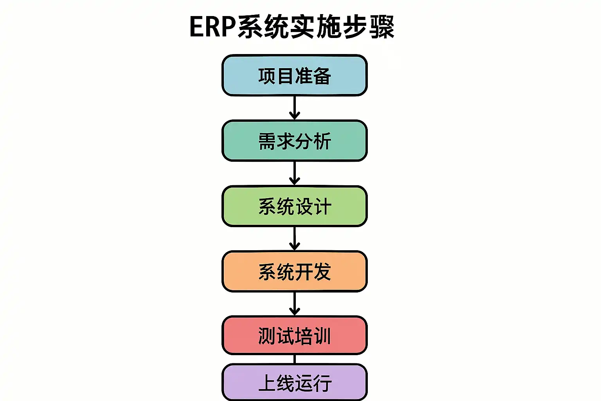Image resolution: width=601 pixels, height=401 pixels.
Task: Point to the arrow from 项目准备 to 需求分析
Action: tap(295, 108)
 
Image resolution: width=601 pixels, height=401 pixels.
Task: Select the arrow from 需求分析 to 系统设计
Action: tap(295, 173)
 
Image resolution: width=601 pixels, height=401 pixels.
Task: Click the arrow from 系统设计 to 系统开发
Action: tap(295, 238)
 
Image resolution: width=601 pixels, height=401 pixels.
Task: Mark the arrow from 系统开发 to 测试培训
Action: tap(295, 303)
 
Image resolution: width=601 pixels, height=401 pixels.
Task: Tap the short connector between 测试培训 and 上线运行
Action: tap(295, 359)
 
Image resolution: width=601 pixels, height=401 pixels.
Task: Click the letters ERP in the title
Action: tap(212, 27)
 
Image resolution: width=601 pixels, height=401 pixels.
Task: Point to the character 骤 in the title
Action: tap(382, 27)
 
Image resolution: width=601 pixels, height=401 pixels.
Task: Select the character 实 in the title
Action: tap(302, 27)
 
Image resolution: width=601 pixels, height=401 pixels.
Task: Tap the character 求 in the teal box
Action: tap(285, 141)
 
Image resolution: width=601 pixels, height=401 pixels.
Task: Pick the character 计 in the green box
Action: tap(323, 206)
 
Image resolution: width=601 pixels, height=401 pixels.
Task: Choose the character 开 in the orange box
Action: tap(304, 272)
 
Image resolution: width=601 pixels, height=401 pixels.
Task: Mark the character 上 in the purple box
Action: tap(267, 383)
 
